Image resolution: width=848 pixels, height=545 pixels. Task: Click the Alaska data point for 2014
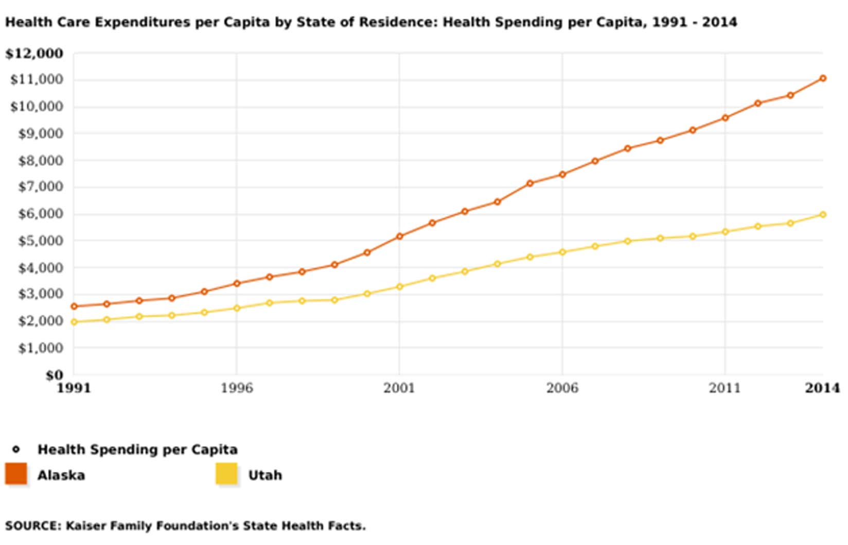tap(823, 78)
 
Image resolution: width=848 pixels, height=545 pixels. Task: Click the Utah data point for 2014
tap(823, 214)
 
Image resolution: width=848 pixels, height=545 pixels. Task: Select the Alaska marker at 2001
tap(399, 236)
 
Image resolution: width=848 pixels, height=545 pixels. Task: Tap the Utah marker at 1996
tap(237, 308)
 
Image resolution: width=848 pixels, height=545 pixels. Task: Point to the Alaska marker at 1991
tap(74, 306)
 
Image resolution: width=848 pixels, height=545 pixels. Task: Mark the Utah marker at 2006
tap(562, 252)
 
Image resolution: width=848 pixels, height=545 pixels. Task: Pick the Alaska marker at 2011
tap(725, 118)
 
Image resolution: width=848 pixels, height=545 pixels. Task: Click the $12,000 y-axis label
tap(34, 54)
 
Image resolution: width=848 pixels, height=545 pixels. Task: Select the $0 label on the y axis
tap(54, 375)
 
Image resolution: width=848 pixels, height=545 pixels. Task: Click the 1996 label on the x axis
tap(237, 388)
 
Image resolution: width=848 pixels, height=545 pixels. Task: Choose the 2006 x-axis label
tap(562, 388)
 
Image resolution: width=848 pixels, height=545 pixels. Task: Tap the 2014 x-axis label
tap(822, 388)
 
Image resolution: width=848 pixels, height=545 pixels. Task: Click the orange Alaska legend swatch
tap(16, 474)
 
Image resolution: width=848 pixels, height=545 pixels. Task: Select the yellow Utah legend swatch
tap(226, 474)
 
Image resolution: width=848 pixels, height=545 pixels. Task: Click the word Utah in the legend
tap(265, 475)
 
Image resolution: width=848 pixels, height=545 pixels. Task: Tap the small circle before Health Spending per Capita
tap(16, 449)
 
